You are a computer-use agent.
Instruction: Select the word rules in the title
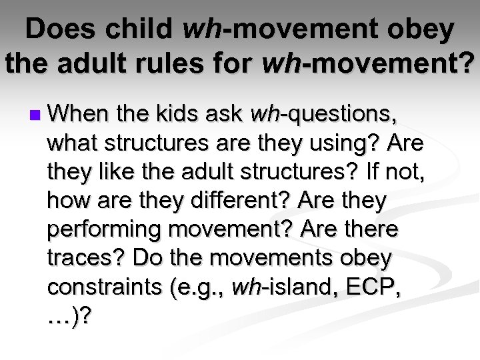pyautogui.click(x=182, y=64)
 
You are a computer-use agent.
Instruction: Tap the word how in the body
pyautogui.click(x=65, y=201)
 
